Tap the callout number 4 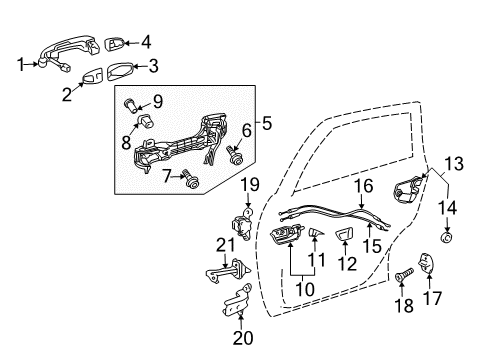[x=146, y=42]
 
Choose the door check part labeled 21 [x=226, y=275]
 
